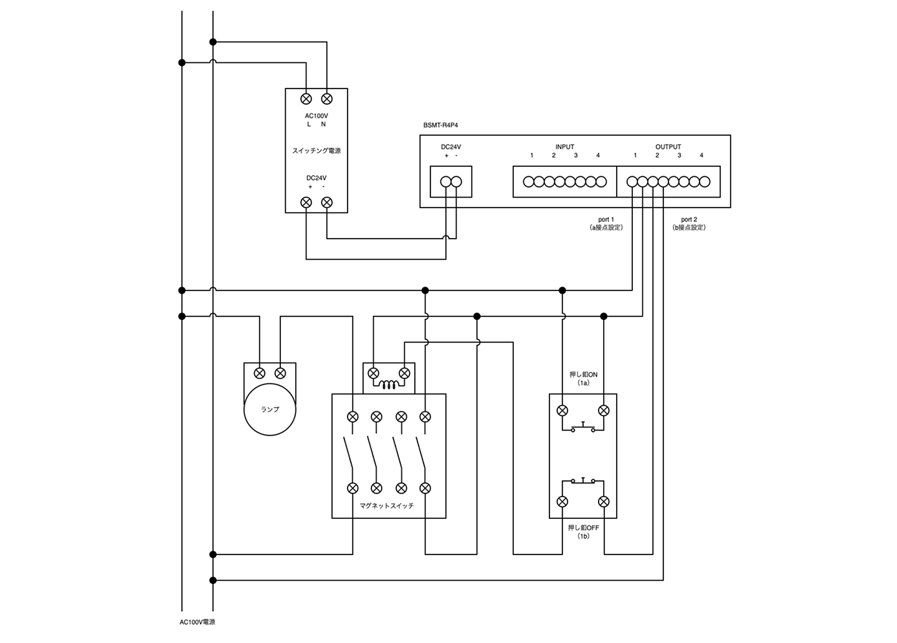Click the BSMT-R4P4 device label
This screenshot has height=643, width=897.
(x=440, y=125)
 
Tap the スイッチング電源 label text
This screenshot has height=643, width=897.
(x=316, y=151)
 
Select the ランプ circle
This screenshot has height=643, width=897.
(x=270, y=409)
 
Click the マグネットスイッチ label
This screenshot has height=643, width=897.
(x=387, y=506)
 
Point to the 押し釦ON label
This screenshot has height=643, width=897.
(x=584, y=374)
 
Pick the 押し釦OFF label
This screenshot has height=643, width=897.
(x=584, y=528)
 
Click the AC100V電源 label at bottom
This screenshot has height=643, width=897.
(x=197, y=622)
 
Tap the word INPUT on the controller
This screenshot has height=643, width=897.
(x=564, y=147)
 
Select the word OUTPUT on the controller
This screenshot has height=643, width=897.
(x=668, y=147)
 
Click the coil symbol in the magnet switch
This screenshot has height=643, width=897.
(x=389, y=385)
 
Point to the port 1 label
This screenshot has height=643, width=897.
(x=606, y=219)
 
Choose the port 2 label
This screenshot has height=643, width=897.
(x=689, y=219)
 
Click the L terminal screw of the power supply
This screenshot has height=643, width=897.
(x=306, y=99)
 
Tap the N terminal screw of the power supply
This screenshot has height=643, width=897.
(x=327, y=99)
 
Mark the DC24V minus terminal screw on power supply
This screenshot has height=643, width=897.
(x=327, y=202)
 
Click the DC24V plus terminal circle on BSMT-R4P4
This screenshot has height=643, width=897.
(x=446, y=182)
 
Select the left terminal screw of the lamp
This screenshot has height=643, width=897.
(x=260, y=373)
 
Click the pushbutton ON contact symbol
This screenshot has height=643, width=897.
(x=583, y=427)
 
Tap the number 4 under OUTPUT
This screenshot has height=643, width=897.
(x=701, y=155)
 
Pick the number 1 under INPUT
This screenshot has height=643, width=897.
(x=531, y=155)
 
